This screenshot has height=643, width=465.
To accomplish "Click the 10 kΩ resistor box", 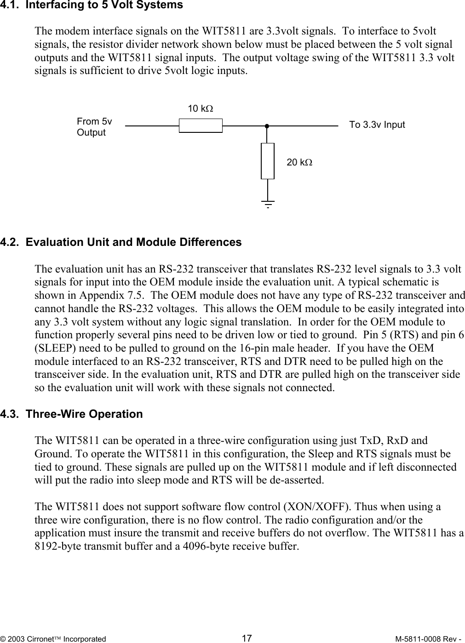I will click(x=201, y=125).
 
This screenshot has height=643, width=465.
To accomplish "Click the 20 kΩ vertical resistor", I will click(x=267, y=161).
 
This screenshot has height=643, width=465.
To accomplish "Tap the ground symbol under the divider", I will click(x=267, y=203).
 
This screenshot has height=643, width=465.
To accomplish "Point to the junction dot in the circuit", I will click(x=267, y=125).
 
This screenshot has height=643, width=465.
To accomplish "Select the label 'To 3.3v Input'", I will click(x=377, y=125).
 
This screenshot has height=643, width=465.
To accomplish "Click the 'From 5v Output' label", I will click(x=94, y=127).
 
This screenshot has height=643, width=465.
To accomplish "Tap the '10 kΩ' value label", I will click(x=201, y=109).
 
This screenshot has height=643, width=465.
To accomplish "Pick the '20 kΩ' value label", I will click(x=299, y=162).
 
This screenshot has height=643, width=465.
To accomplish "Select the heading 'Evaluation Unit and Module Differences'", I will click(x=133, y=242).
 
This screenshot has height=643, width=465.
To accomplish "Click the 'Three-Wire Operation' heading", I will click(x=84, y=414).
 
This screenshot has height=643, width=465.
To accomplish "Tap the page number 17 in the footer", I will click(x=247, y=638).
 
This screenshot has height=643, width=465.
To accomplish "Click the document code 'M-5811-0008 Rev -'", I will click(x=429, y=639).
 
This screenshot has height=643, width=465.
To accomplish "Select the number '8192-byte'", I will click(x=57, y=547).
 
